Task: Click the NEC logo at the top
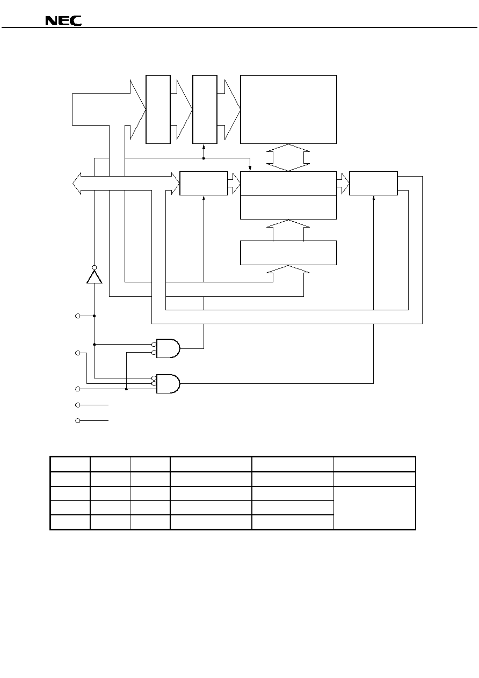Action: pyautogui.click(x=63, y=20)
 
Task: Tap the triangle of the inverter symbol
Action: pyautogui.click(x=94, y=277)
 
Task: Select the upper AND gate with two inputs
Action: pyautogui.click(x=168, y=348)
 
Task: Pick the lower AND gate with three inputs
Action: pyautogui.click(x=168, y=383)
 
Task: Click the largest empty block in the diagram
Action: pyautogui.click(x=288, y=110)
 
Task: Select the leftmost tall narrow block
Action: pyautogui.click(x=158, y=110)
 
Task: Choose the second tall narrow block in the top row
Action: pyautogui.click(x=205, y=110)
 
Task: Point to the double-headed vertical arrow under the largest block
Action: pyautogui.click(x=288, y=157)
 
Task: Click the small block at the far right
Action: pyautogui.click(x=373, y=183)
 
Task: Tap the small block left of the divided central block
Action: pyautogui.click(x=204, y=183)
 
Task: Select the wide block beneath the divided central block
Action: pyautogui.click(x=288, y=253)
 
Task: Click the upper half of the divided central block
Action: pyautogui.click(x=288, y=184)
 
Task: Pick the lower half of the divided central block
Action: pyautogui.click(x=288, y=207)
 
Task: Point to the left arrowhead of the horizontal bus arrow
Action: pyautogui.click(x=77, y=184)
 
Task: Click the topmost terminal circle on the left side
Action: pyautogui.click(x=77, y=316)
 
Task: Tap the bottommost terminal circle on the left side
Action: pyautogui.click(x=77, y=421)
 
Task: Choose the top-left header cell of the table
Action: pyautogui.click(x=70, y=464)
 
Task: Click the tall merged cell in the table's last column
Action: pyautogui.click(x=374, y=508)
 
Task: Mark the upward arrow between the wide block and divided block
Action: pyautogui.click(x=288, y=230)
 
